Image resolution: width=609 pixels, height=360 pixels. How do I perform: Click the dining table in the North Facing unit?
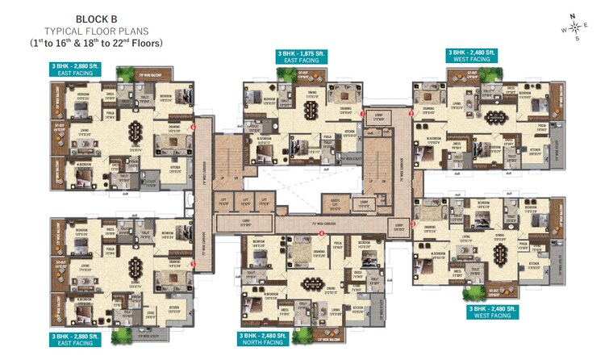click(x=311, y=283)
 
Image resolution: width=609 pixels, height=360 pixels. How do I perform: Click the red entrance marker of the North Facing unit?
click(x=322, y=234)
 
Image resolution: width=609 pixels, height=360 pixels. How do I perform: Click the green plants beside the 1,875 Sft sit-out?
click(x=284, y=72)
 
